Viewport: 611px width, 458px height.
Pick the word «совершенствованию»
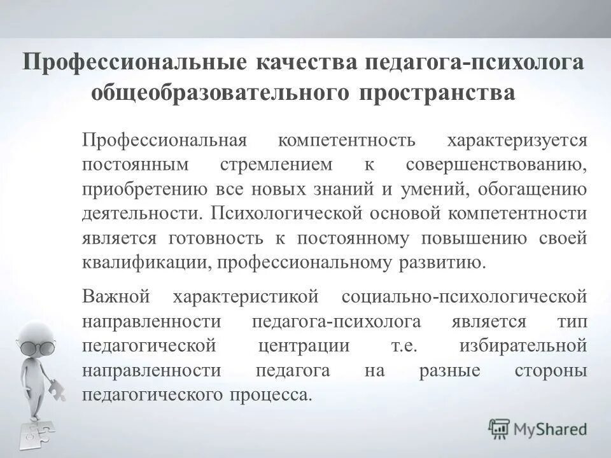(x=496, y=164)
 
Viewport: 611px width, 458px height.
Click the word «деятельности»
(x=143, y=213)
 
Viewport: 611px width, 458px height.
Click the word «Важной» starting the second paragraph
(x=115, y=296)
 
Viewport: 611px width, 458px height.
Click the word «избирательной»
(x=521, y=346)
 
